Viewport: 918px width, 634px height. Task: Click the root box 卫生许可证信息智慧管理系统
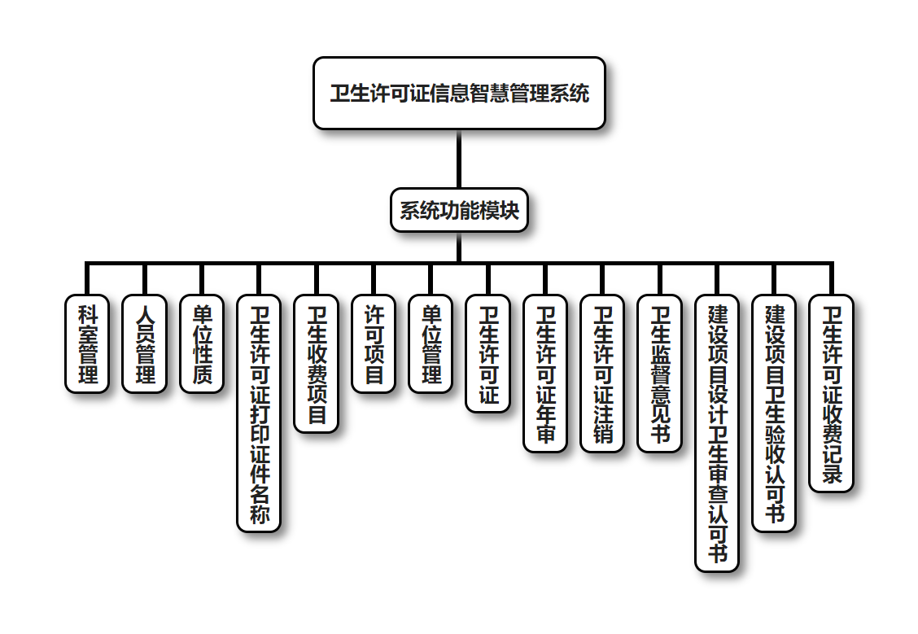(459, 93)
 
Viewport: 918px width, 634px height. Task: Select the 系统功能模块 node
(459, 211)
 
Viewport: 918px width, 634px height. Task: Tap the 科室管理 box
(87, 343)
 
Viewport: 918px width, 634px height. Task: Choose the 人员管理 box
(144, 343)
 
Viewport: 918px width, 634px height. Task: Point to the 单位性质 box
(202, 343)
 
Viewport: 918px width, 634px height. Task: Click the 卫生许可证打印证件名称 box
(259, 413)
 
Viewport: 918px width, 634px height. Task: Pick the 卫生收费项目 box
(317, 363)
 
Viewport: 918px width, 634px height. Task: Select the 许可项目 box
(374, 343)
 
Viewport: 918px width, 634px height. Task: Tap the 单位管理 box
(431, 343)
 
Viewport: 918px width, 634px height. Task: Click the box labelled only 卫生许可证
(488, 353)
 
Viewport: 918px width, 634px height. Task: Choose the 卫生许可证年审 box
(545, 374)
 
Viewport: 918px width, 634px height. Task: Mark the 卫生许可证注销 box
(602, 374)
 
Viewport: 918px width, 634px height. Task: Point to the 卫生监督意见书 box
(660, 374)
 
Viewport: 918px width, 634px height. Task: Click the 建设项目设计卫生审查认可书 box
(717, 433)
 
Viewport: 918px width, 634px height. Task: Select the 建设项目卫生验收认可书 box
(774, 413)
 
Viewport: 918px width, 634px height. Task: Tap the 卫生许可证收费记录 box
(832, 393)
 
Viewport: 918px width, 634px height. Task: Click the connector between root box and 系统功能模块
(459, 160)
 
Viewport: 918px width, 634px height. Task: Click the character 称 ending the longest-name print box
(259, 515)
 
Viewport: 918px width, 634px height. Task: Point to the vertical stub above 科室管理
(87, 278)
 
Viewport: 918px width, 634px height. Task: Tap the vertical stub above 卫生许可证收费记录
(832, 278)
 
